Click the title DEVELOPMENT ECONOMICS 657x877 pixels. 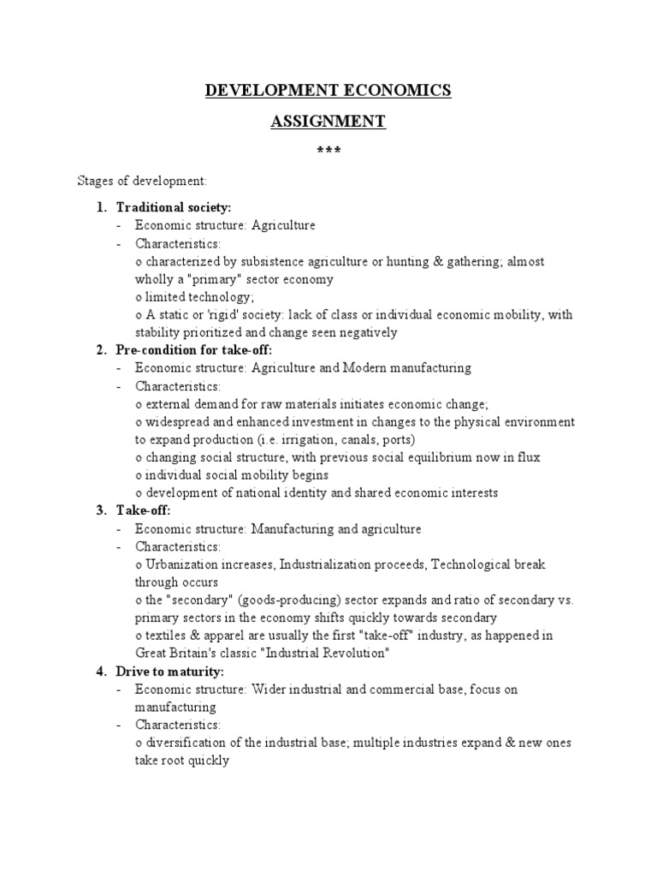[x=328, y=91]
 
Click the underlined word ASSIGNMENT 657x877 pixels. [x=328, y=122]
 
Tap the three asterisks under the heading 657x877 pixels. [x=328, y=152]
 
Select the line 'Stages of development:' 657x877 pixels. [x=137, y=182]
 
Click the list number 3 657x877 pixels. [x=100, y=511]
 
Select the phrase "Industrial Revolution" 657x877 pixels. [x=320, y=653]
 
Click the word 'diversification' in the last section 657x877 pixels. [x=183, y=743]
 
